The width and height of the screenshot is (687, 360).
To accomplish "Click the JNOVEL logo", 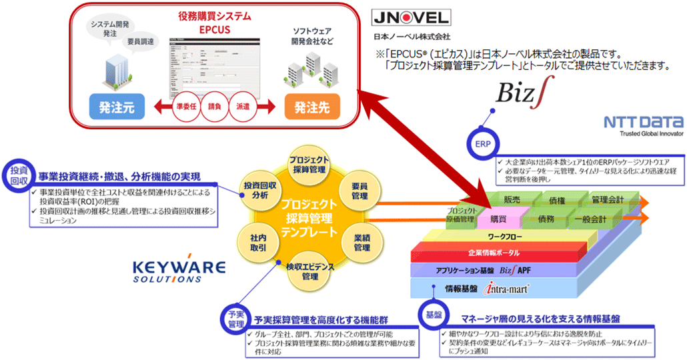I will [411, 17].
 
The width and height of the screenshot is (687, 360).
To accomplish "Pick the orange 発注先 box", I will [311, 106].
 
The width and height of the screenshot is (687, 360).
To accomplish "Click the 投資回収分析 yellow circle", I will [256, 189].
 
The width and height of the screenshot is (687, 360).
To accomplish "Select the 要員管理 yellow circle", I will [360, 192].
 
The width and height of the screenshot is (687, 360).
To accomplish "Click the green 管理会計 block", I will [608, 199].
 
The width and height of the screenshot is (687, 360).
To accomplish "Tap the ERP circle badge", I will [483, 145].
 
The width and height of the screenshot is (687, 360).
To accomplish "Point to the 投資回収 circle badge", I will [17, 175].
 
